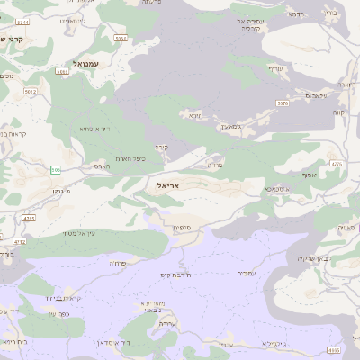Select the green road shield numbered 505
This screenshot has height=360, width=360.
[57, 170]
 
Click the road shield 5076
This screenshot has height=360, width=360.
[283, 103]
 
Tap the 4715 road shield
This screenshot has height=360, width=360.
[29, 219]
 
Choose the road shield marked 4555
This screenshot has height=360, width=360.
[334, 350]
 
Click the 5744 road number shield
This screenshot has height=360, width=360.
[22, 20]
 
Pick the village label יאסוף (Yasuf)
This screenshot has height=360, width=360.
[310, 175]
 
